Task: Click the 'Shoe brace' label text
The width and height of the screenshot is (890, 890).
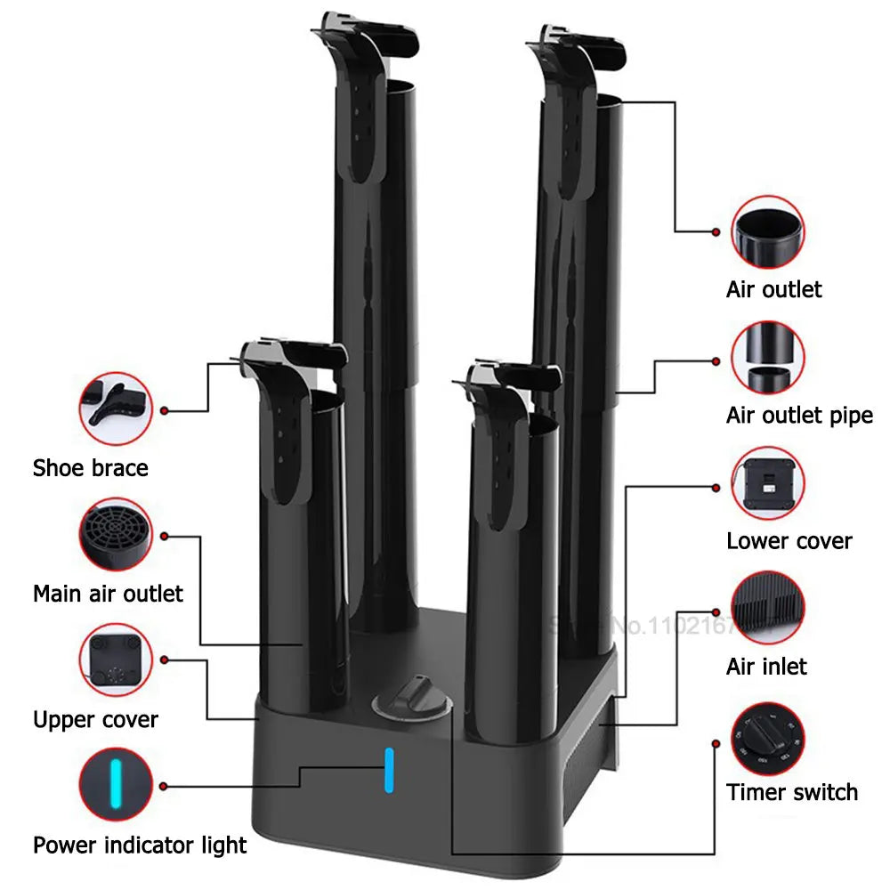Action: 90,467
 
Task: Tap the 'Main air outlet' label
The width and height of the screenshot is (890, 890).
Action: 108,594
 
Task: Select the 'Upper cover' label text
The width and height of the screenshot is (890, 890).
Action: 95,719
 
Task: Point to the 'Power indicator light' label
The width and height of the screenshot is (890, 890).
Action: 140,845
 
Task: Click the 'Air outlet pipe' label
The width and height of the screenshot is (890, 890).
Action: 799,415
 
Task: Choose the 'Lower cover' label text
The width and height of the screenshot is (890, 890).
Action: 789,540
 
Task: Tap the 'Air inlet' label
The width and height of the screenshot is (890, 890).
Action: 766,666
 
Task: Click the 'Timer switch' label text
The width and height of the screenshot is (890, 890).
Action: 792,791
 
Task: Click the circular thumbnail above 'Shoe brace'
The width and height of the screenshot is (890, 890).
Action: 116,409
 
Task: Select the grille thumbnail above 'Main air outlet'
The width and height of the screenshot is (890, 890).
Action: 116,535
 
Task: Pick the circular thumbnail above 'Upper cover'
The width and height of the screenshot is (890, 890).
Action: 116,660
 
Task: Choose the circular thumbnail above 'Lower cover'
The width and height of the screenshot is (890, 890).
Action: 768,483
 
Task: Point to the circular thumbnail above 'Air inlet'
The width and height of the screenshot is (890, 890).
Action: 768,609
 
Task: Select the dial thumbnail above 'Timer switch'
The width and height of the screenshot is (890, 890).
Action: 768,734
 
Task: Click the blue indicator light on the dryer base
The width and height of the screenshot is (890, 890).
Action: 388,770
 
